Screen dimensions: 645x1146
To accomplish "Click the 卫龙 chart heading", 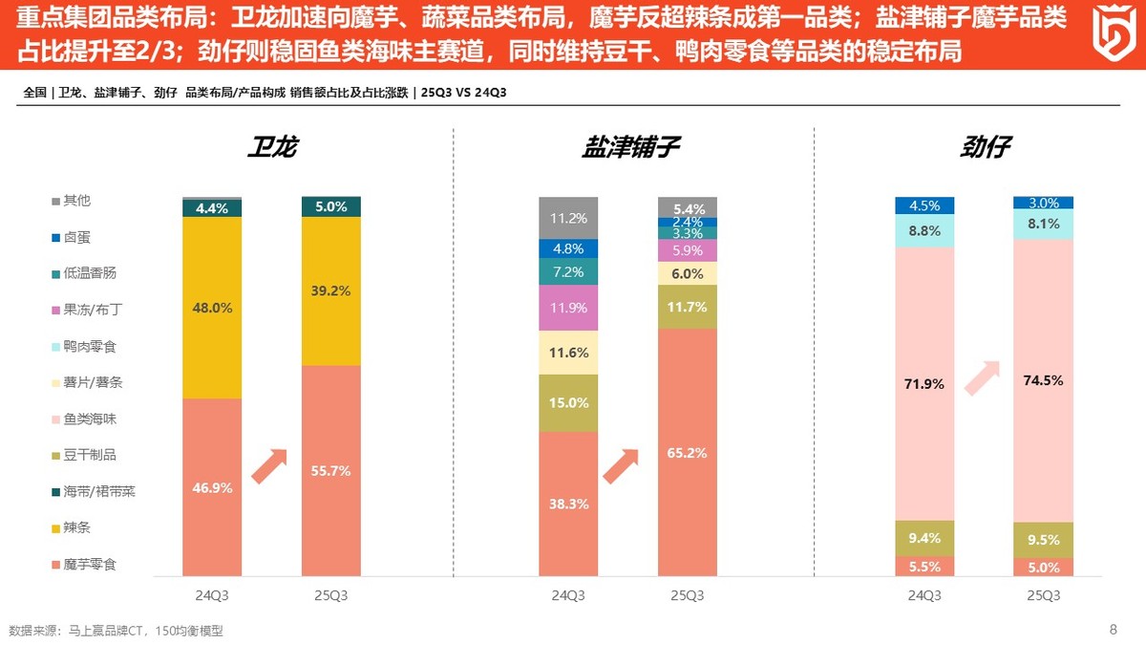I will [272, 147].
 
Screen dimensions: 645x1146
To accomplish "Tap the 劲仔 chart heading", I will [986, 147].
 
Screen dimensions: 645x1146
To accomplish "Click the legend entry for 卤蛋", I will [76, 237].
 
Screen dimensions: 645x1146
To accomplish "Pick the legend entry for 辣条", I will [76, 527].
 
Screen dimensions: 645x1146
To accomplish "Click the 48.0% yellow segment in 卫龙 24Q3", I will [212, 308].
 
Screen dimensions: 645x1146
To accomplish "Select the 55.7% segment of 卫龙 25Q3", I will [330, 471].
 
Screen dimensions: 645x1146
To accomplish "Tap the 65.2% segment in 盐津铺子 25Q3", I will [687, 453].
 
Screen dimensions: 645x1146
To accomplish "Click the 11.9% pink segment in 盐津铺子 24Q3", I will [568, 308].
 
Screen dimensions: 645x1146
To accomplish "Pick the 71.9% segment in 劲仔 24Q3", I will [924, 384].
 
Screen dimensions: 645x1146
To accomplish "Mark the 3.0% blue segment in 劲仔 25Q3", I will [1043, 203].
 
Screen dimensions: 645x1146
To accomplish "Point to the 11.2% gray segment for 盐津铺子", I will [568, 218].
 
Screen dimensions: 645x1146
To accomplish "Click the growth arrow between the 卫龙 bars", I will [269, 465].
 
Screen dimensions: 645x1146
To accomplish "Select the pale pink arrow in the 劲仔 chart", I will [983, 377].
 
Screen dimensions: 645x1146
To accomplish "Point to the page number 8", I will [1113, 629].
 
